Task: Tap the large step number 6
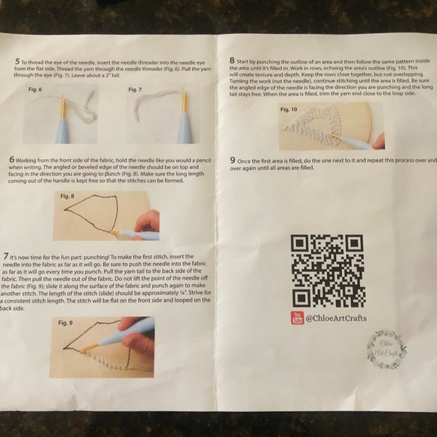point(13,160)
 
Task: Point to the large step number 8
point(232,60)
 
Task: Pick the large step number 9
point(233,160)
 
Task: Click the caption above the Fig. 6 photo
point(35,90)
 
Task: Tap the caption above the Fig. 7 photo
point(136,90)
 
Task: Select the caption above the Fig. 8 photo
point(67,196)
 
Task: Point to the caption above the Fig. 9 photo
point(65,322)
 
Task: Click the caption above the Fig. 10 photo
point(289,109)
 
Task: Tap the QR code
point(328,271)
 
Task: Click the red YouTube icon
point(297,319)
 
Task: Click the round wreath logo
point(387,349)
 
